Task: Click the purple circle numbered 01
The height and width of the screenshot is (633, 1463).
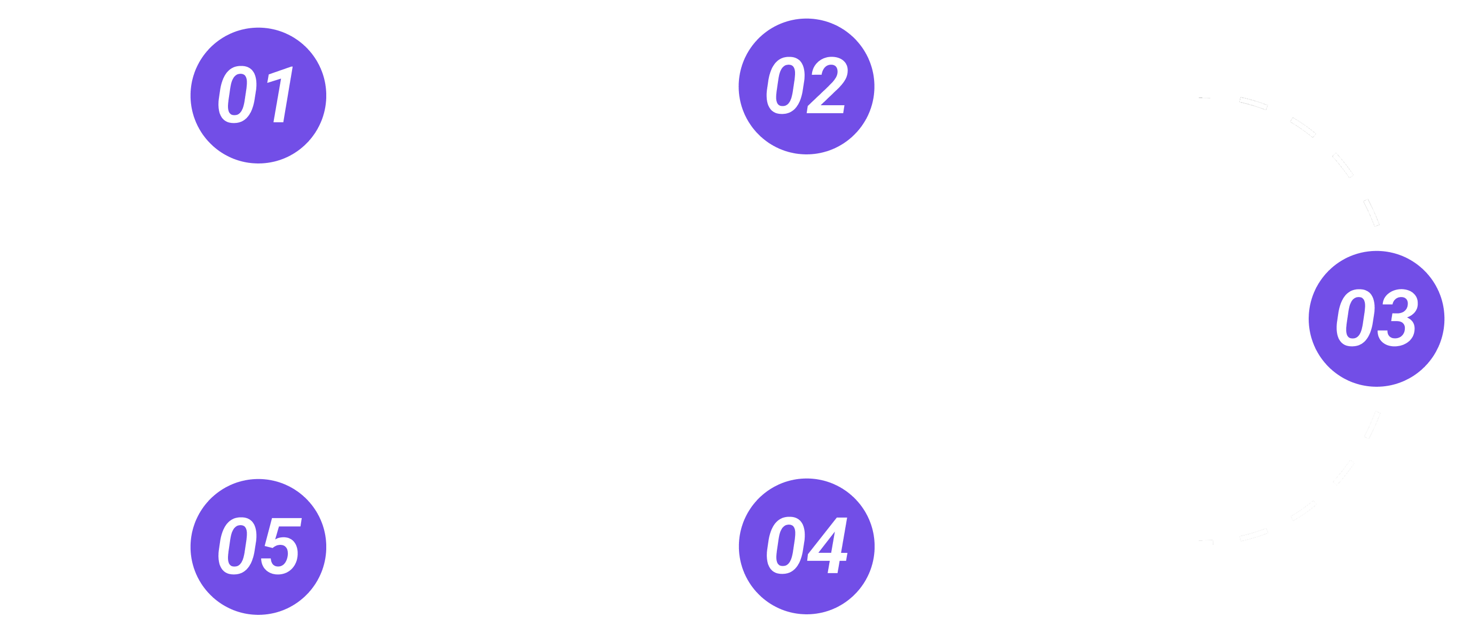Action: click(x=258, y=95)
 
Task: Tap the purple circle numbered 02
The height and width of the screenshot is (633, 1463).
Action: click(x=806, y=86)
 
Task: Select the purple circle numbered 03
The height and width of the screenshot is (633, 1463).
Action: click(x=1376, y=318)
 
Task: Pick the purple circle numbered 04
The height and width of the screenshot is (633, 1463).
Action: click(x=806, y=545)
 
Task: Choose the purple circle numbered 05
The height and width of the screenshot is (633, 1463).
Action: click(x=258, y=546)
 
